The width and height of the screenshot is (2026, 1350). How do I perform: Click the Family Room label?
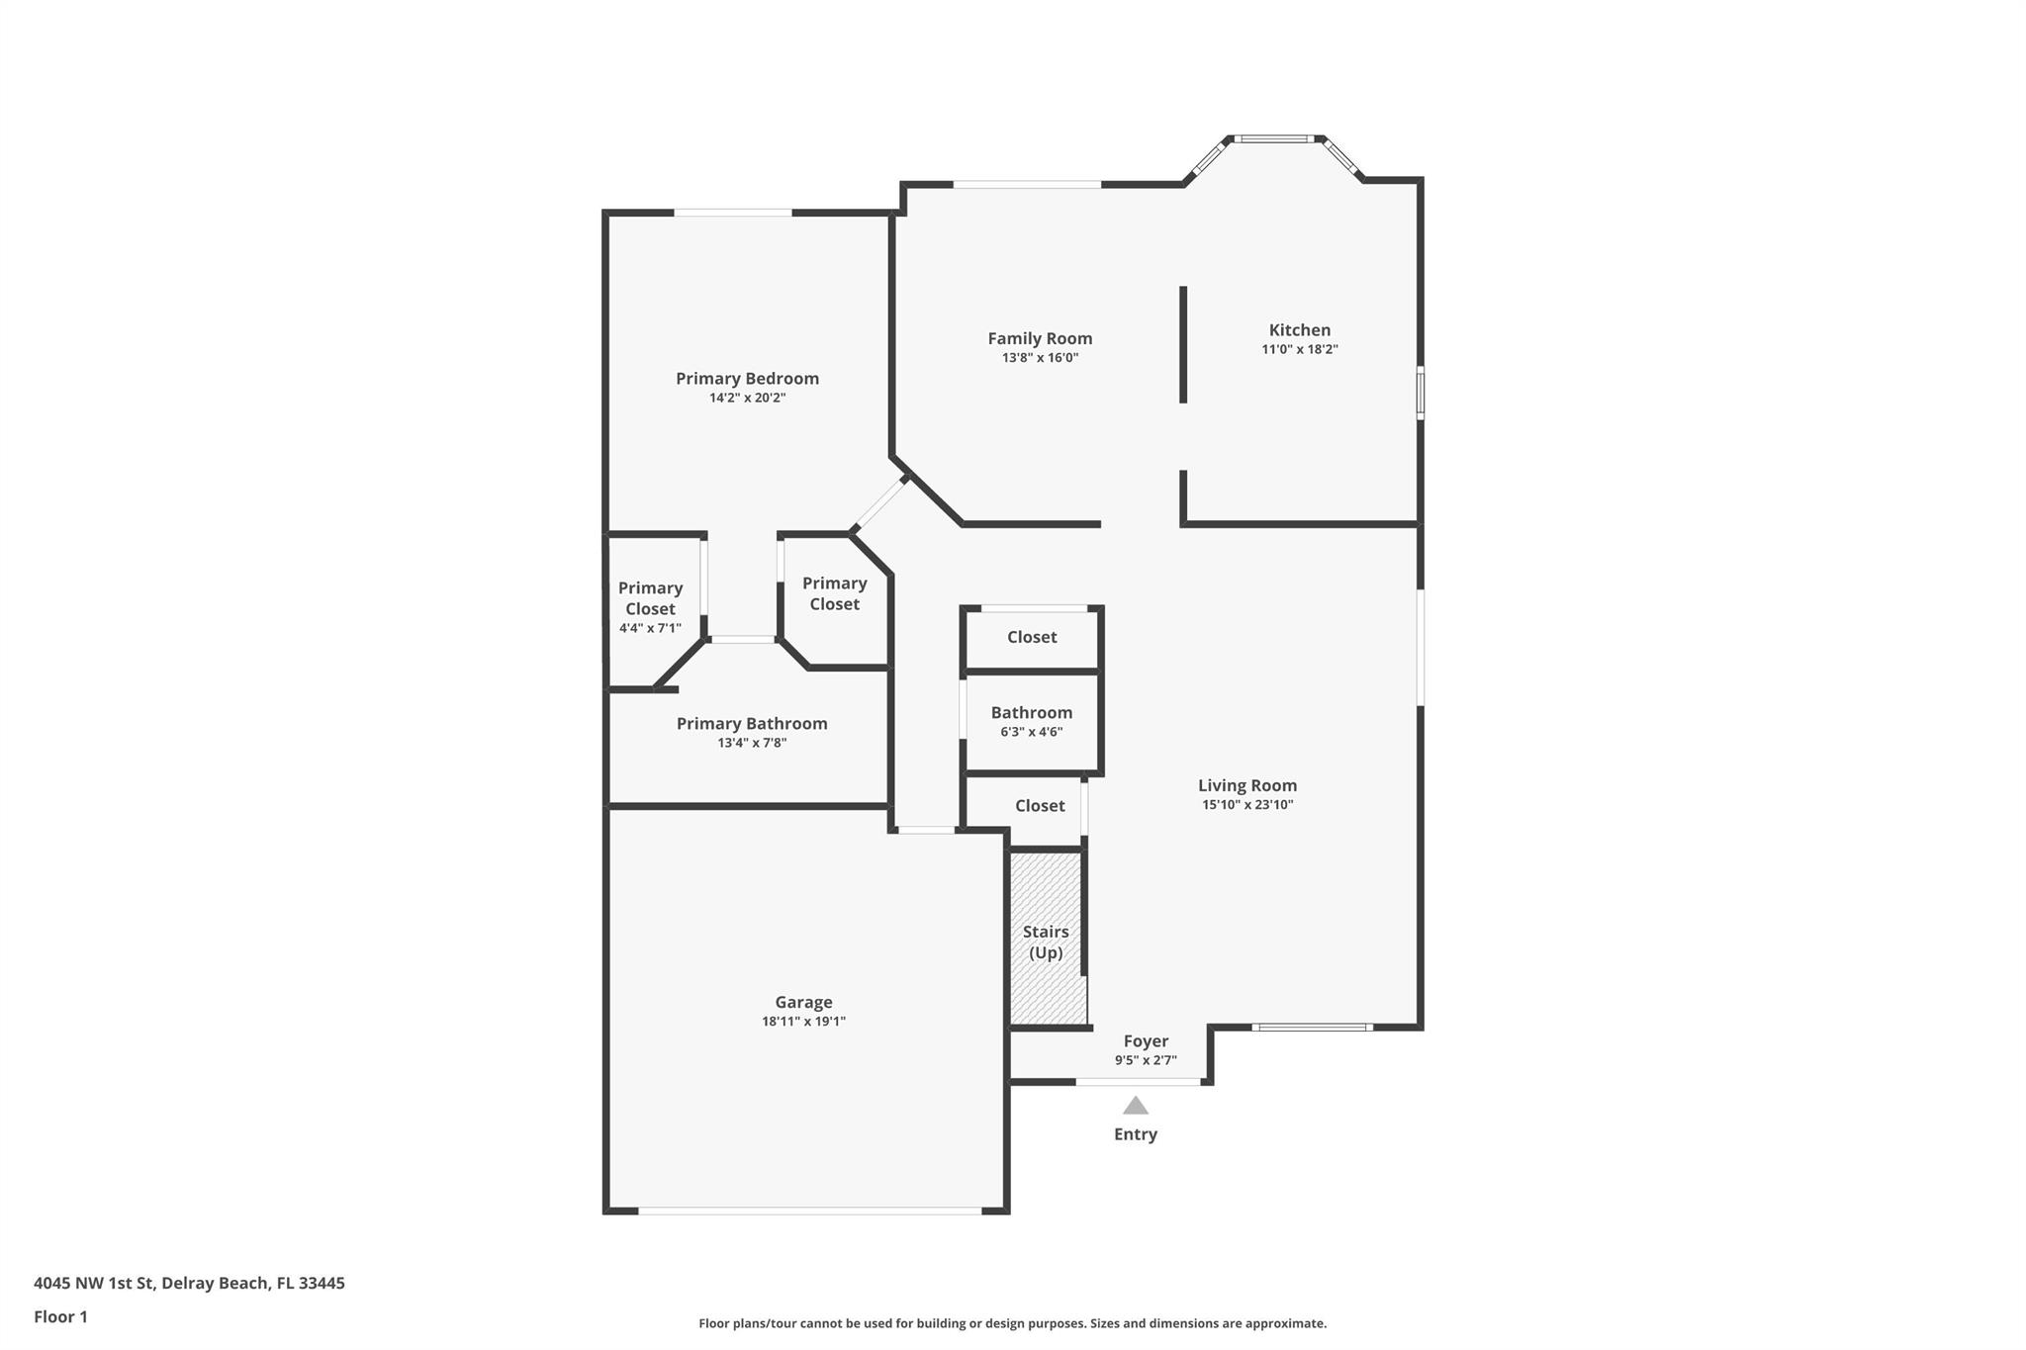pyautogui.click(x=1040, y=338)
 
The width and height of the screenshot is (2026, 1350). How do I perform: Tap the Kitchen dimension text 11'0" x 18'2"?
pyautogui.click(x=1299, y=349)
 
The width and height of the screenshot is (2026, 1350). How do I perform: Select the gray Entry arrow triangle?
pyautogui.click(x=1136, y=1106)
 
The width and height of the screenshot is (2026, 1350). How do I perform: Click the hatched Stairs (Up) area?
pyautogui.click(x=1046, y=941)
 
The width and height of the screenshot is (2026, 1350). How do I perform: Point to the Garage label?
pyautogui.click(x=803, y=1002)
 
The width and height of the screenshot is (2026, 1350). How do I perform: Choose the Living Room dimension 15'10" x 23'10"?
pyautogui.click(x=1247, y=805)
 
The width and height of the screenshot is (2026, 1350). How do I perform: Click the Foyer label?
pyautogui.click(x=1146, y=1040)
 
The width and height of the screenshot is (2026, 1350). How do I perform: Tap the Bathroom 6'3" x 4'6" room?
pyautogui.click(x=1032, y=721)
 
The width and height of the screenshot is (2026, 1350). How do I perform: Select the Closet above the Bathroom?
pyautogui.click(x=1032, y=637)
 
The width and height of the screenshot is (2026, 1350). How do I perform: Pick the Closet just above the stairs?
pyautogui.click(x=1040, y=806)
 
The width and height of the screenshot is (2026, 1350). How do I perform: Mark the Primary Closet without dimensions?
pyautogui.click(x=834, y=593)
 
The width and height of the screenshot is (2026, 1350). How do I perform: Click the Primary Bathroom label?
pyautogui.click(x=752, y=724)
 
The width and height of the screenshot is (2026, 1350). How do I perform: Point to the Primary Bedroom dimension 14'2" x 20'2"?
pyautogui.click(x=747, y=398)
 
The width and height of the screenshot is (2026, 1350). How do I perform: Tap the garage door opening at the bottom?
pyautogui.click(x=809, y=1211)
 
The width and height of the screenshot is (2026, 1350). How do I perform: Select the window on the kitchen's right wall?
pyautogui.click(x=1421, y=393)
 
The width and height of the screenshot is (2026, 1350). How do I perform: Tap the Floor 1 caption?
pyautogui.click(x=60, y=1316)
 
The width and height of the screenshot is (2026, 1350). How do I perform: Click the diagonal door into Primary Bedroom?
pyautogui.click(x=880, y=505)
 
